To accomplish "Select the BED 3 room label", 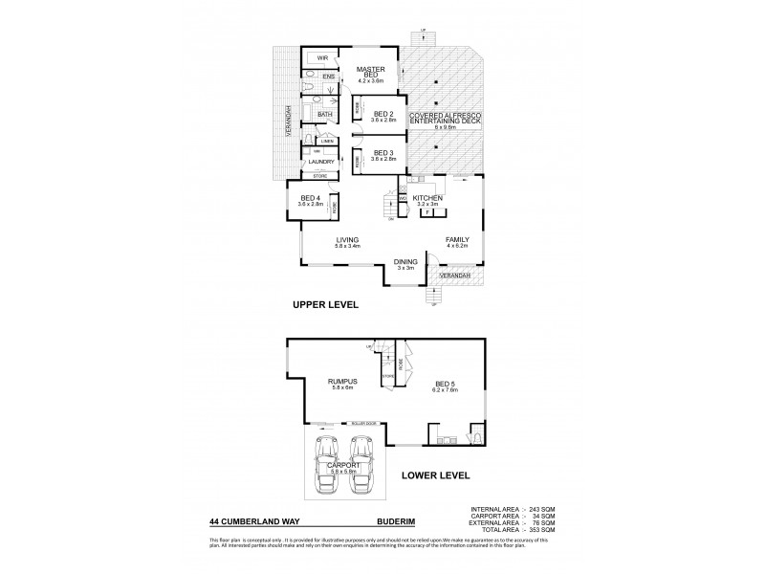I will click(x=382, y=153).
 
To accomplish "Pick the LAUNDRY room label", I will click(x=321, y=162).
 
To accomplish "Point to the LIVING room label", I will click(x=346, y=240).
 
